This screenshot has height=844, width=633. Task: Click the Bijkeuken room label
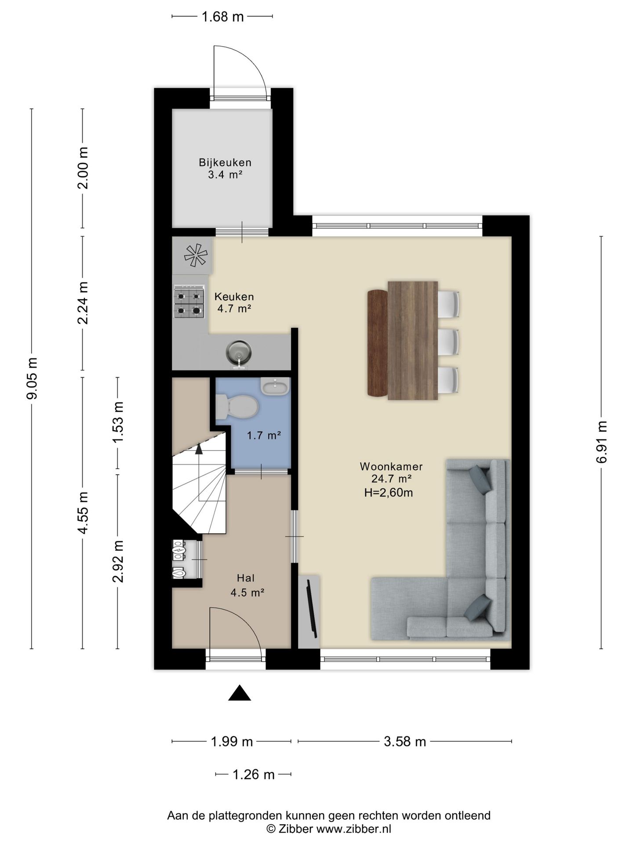(225, 162)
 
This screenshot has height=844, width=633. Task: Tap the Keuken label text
(234, 297)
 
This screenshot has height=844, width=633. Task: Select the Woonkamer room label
(391, 466)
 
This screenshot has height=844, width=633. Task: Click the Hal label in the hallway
(246, 578)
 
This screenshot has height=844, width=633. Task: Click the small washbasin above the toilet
(275, 386)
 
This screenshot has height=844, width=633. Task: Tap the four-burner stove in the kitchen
(189, 302)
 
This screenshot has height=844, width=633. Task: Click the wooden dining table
(413, 340)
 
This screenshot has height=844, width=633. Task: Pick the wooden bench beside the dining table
(378, 343)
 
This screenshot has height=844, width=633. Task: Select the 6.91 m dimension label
(601, 442)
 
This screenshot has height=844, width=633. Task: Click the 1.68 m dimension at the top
(222, 17)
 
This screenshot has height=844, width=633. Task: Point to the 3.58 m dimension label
(405, 742)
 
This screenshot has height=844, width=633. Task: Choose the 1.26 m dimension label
(254, 774)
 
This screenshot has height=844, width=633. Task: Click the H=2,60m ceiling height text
(389, 493)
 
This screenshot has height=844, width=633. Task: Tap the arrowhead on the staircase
(199, 449)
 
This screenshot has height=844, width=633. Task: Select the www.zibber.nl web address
(354, 829)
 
